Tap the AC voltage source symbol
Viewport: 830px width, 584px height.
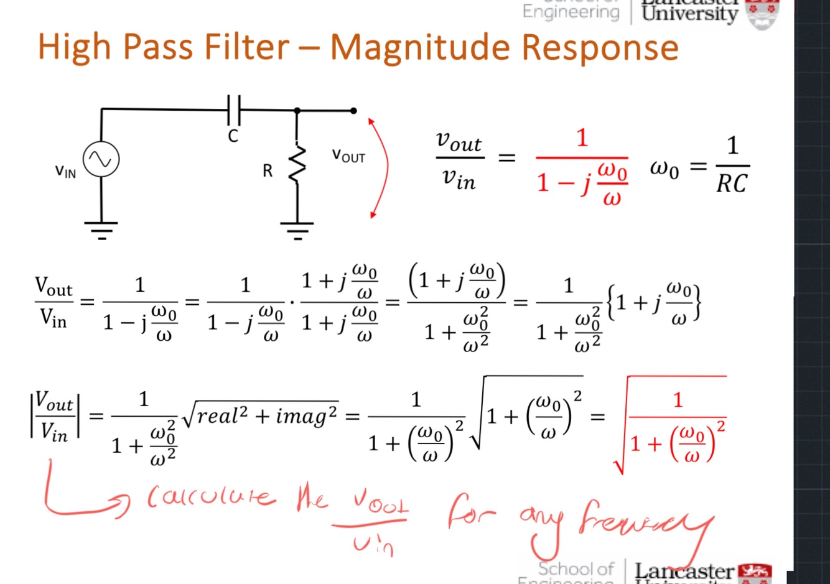coord(101,159)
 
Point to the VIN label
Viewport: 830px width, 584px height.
coord(65,171)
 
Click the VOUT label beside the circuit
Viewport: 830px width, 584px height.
coord(348,155)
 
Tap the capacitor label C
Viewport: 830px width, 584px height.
coord(233,136)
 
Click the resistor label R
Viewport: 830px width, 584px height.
coord(268,171)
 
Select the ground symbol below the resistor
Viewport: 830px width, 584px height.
coord(297,230)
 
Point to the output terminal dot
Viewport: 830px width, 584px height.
coord(353,111)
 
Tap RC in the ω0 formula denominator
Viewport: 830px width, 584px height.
coord(732,184)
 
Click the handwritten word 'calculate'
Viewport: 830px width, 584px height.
coord(210,498)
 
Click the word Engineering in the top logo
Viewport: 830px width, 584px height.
coord(571,11)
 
